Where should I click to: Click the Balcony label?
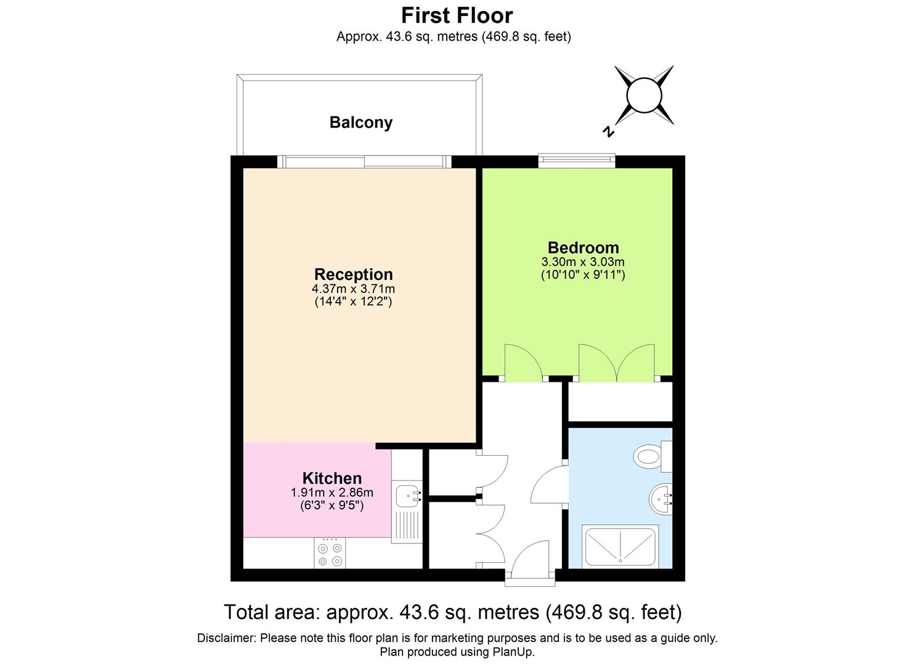360,122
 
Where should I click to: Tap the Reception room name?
353,274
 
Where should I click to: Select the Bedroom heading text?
583,248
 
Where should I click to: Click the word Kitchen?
331,478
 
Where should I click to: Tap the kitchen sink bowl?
407,494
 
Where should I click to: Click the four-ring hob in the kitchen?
330,554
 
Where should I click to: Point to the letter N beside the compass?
608,131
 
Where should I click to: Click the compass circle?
643,96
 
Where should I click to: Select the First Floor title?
457,15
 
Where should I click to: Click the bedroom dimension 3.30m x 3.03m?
583,262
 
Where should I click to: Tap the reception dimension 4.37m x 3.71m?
353,289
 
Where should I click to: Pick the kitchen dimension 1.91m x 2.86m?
331,492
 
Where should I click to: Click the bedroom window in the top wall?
577,161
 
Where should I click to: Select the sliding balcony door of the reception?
364,162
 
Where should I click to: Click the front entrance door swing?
530,558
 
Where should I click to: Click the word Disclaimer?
226,638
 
